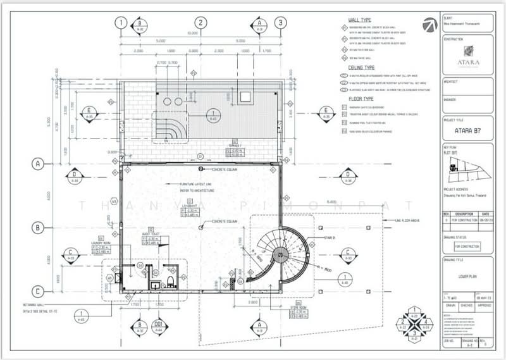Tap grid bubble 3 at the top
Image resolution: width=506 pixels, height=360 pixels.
pyautogui.click(x=280, y=23)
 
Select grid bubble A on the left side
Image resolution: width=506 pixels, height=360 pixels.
pyautogui.click(x=38, y=163)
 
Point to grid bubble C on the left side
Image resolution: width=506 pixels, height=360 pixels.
pyautogui.click(x=38, y=292)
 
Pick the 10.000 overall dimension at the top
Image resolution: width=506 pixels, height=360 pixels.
pyautogui.click(x=200, y=34)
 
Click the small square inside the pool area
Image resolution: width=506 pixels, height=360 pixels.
pyautogui.click(x=245, y=96)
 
